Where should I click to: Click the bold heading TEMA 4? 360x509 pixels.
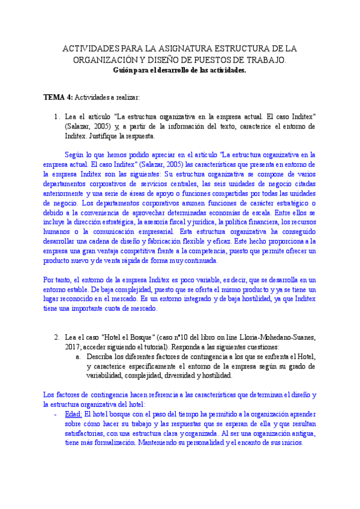coord(58,96)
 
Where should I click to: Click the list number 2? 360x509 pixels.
coord(57,337)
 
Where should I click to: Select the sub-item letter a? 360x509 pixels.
coord(78,357)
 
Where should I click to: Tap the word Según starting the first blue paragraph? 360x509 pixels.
coord(75,155)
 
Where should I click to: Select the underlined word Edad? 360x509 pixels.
coord(73,414)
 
